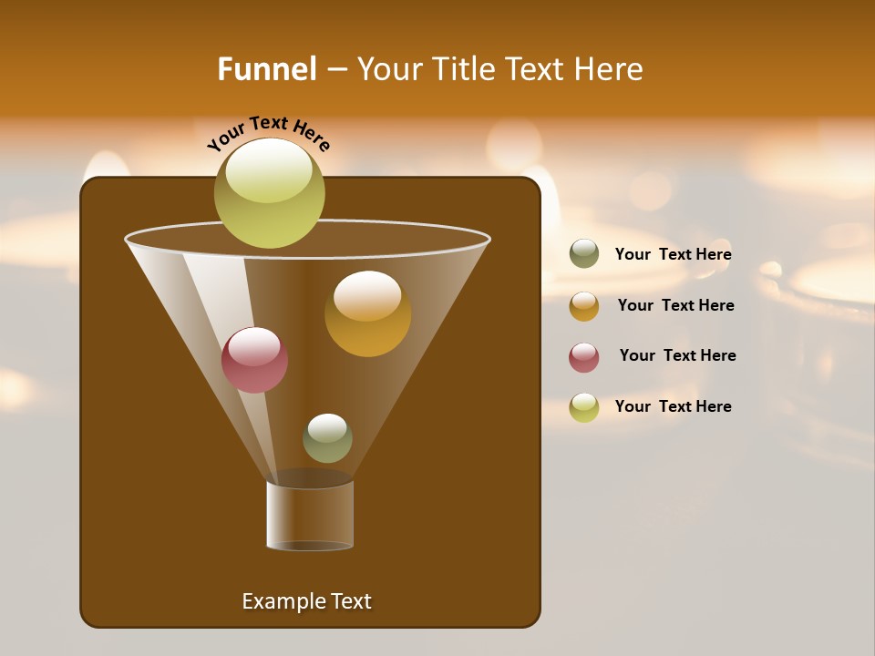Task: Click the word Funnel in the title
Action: (266, 69)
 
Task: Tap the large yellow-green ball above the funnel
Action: (269, 193)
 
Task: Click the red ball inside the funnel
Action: (254, 361)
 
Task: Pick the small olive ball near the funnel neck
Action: (327, 438)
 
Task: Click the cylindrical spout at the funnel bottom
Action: (310, 516)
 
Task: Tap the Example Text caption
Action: (306, 601)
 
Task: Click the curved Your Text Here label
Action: (269, 133)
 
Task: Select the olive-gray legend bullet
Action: (584, 254)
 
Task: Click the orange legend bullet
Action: (584, 306)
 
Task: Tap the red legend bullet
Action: (584, 357)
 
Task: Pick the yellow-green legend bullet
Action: (584, 407)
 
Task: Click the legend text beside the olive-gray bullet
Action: (673, 255)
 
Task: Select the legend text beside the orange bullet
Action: (675, 305)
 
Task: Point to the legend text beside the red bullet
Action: (677, 355)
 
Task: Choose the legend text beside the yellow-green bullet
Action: (673, 406)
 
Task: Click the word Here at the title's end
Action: (610, 69)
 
